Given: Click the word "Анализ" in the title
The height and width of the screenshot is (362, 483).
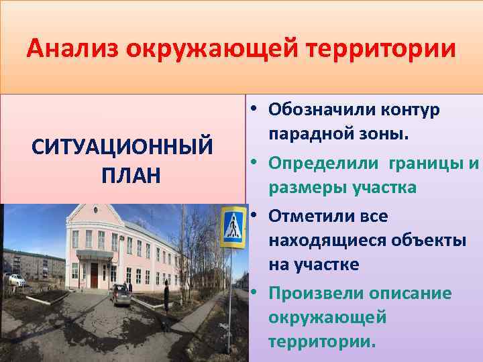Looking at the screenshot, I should [72, 49].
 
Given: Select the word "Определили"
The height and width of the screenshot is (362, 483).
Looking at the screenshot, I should [321, 162].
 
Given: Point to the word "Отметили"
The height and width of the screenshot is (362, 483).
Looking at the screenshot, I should [309, 216].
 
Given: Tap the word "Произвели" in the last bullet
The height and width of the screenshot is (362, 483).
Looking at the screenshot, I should [313, 293].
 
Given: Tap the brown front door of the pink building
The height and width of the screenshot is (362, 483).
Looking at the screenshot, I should [94, 275].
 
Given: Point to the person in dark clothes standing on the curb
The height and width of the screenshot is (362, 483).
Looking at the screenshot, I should [166, 295].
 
